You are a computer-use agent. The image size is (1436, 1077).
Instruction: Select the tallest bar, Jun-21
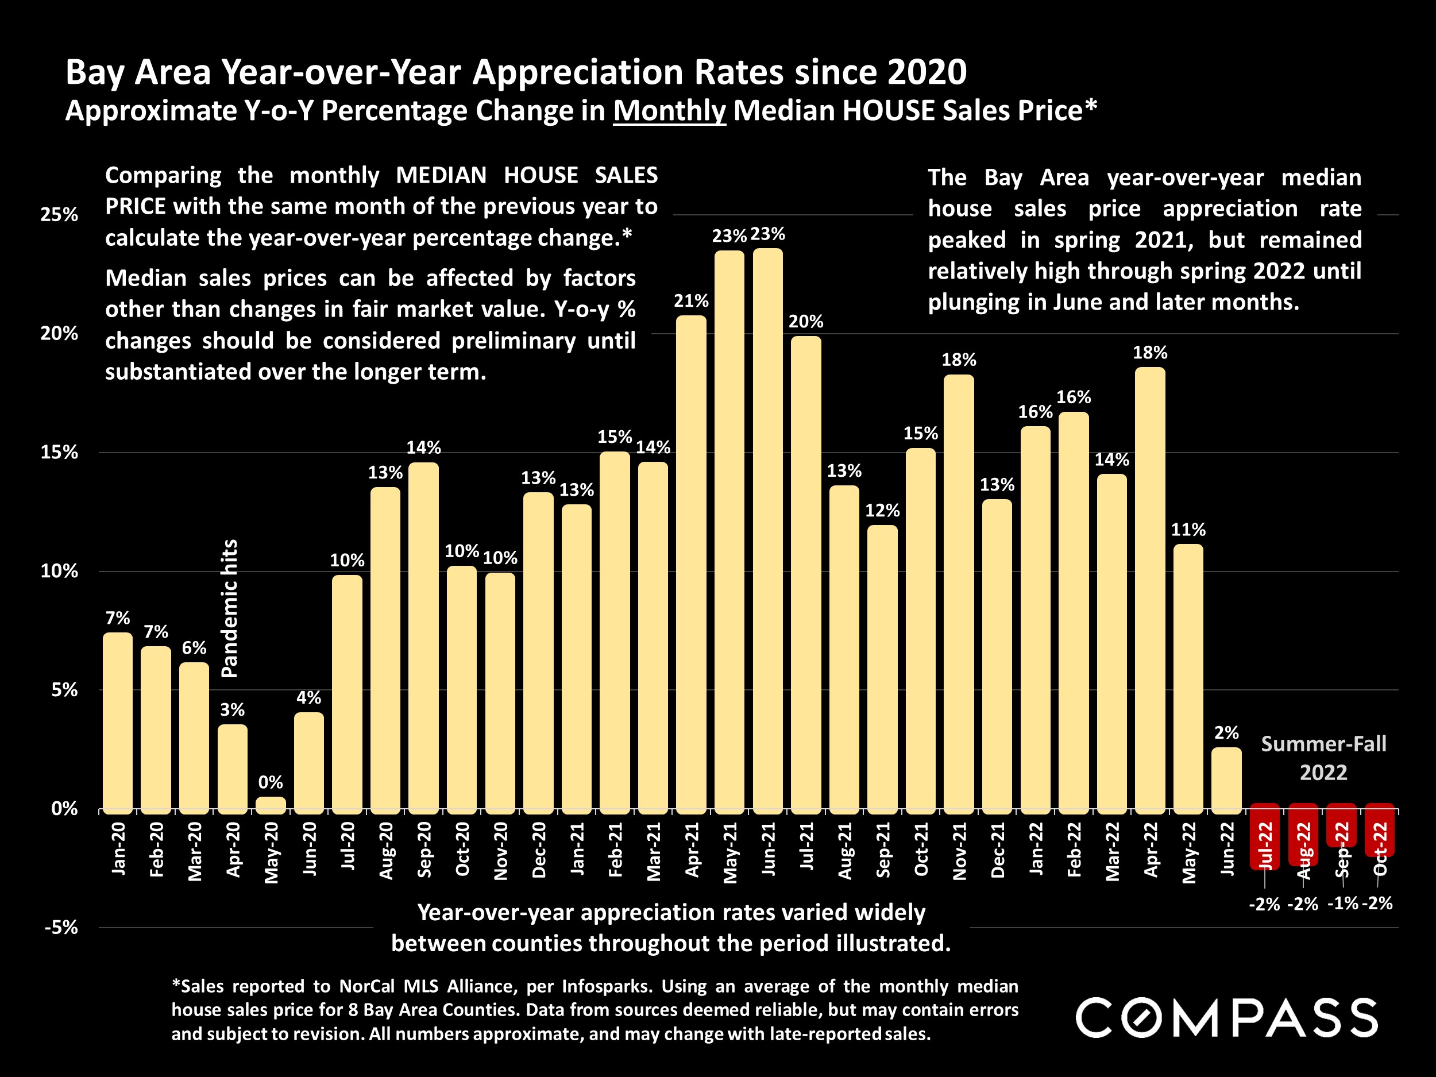tap(767, 529)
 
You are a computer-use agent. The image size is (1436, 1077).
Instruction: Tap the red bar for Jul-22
tap(1265, 837)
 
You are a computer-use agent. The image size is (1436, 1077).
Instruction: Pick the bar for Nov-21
tap(958, 592)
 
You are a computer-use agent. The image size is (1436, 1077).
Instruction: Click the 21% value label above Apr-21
tap(691, 300)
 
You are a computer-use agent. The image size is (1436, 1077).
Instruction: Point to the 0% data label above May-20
tap(271, 782)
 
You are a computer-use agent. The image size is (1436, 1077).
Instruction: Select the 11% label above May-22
tap(1188, 530)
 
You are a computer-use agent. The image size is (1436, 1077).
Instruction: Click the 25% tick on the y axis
tap(59, 215)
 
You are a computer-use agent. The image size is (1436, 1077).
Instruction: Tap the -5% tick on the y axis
tap(61, 927)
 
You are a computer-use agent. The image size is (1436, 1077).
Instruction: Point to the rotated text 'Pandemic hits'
tap(230, 608)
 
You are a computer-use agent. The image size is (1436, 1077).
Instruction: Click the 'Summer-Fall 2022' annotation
tap(1323, 758)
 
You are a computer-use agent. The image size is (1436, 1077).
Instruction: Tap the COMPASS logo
tap(1226, 1018)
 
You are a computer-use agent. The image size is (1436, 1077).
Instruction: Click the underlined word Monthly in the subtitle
tap(669, 111)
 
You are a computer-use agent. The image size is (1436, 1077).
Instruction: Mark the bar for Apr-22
tap(1150, 589)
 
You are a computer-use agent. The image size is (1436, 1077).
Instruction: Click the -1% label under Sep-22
tap(1341, 903)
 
